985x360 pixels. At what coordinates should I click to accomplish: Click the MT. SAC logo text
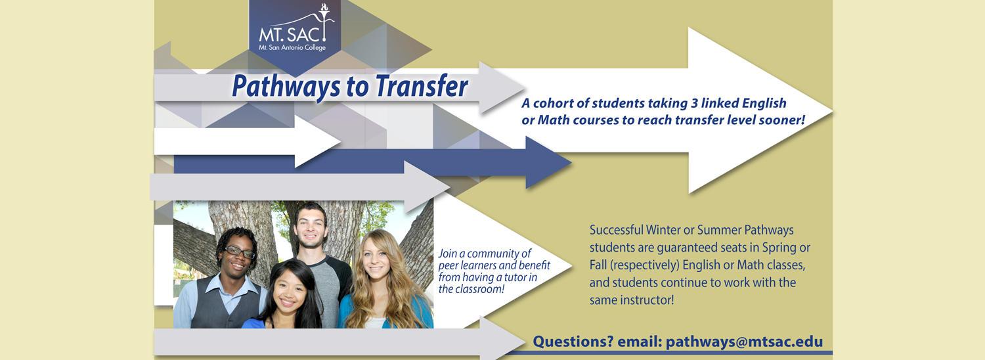tap(290, 34)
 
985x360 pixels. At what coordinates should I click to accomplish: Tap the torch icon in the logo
tap(324, 21)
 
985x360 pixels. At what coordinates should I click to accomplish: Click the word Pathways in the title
tap(286, 87)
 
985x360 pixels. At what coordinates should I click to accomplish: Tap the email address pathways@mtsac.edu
tap(744, 342)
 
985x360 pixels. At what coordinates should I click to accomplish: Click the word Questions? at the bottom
tap(573, 342)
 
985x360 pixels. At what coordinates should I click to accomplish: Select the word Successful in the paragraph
tap(617, 230)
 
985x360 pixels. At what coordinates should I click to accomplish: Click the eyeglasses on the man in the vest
tap(240, 252)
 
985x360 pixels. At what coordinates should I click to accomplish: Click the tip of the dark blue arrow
tap(571, 162)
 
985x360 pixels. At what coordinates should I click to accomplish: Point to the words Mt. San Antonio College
tap(292, 47)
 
